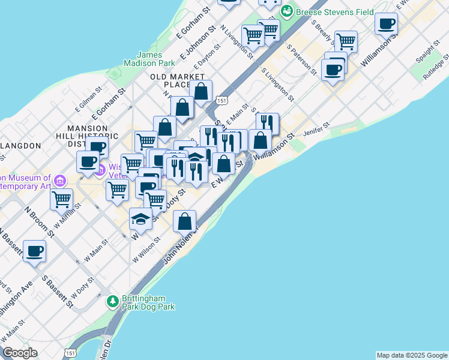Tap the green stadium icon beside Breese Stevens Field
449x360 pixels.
point(288,11)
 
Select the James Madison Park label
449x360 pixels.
point(148,58)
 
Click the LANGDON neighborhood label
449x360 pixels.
point(20,146)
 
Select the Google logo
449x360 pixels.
point(20,353)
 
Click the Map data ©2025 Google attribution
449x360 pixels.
point(412,355)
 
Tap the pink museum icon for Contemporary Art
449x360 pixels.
point(59,181)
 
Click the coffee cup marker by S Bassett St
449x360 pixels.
point(34,251)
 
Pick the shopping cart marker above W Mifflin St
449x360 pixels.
point(61,199)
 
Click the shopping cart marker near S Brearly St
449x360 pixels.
point(346,41)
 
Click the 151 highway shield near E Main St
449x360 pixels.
point(222,100)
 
